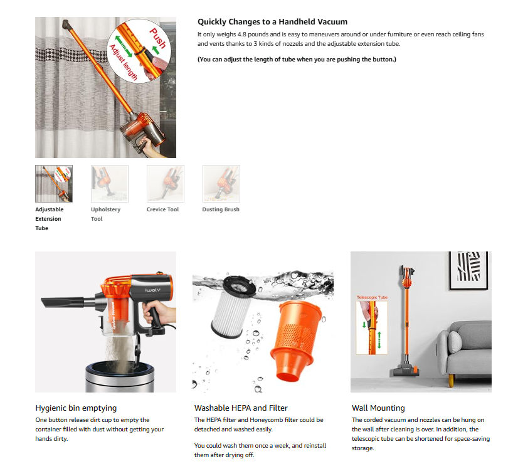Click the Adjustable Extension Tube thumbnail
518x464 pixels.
pyautogui.click(x=54, y=183)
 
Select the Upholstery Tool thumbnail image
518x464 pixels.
pyautogui.click(x=110, y=183)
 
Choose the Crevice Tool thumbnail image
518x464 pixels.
pyautogui.click(x=165, y=183)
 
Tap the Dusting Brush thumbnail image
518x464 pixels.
pyautogui.click(x=221, y=183)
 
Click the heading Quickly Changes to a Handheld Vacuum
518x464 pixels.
pyautogui.click(x=272, y=22)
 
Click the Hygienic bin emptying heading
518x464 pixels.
pyautogui.click(x=76, y=408)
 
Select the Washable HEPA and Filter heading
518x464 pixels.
pyautogui.click(x=241, y=408)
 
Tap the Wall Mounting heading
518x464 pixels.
pyautogui.click(x=378, y=408)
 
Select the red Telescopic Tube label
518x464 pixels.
pyautogui.click(x=372, y=297)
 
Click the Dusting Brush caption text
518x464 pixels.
pyautogui.click(x=221, y=209)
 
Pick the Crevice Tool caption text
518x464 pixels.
pyautogui.click(x=163, y=209)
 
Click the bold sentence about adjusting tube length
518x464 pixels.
pyautogui.click(x=297, y=60)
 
